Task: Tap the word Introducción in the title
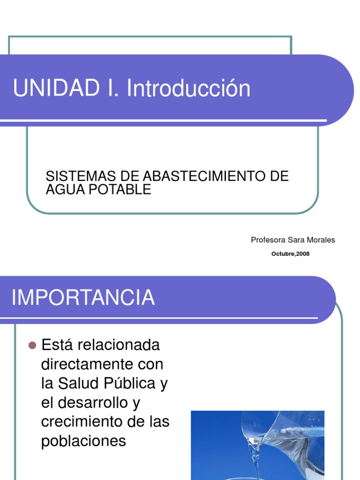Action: pyautogui.click(x=188, y=88)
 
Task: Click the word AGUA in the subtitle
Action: pyautogui.click(x=63, y=189)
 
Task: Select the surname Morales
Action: pyautogui.click(x=321, y=240)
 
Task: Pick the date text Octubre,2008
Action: pyautogui.click(x=291, y=254)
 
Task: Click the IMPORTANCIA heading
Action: pyautogui.click(x=83, y=298)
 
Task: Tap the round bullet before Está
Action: pyautogui.click(x=32, y=345)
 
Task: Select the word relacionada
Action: pyautogui.click(x=118, y=345)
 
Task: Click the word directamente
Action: pyautogui.click(x=89, y=365)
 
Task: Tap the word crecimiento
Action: pyautogui.click(x=82, y=422)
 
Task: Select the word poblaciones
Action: pyautogui.click(x=83, y=442)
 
